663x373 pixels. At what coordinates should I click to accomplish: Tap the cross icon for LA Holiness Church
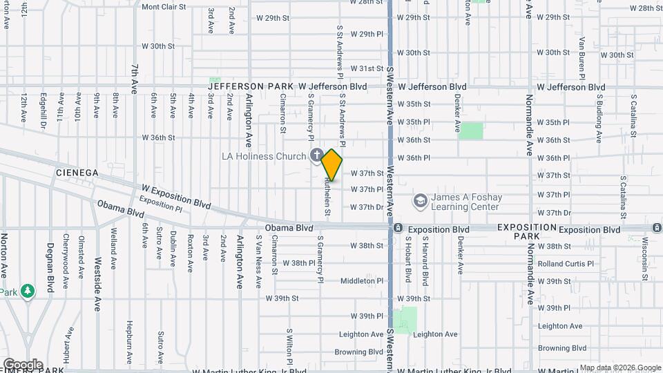point(316,155)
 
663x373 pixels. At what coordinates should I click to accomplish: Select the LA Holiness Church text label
point(263,156)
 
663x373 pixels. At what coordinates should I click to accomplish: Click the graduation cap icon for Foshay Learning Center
point(419,201)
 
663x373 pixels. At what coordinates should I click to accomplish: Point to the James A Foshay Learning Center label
point(465,202)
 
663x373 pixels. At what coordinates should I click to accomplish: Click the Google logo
point(23,364)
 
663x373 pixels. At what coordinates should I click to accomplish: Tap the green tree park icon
point(28,291)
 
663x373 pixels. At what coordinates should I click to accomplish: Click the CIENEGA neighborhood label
point(77,172)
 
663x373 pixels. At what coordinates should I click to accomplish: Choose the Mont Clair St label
point(164,7)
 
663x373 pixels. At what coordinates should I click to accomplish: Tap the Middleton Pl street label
point(361,281)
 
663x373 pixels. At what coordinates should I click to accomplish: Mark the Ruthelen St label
point(328,197)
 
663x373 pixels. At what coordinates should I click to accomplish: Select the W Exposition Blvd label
point(176,195)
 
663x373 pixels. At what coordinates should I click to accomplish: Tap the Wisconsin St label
point(644,253)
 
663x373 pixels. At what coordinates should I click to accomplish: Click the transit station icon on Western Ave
point(398,228)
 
